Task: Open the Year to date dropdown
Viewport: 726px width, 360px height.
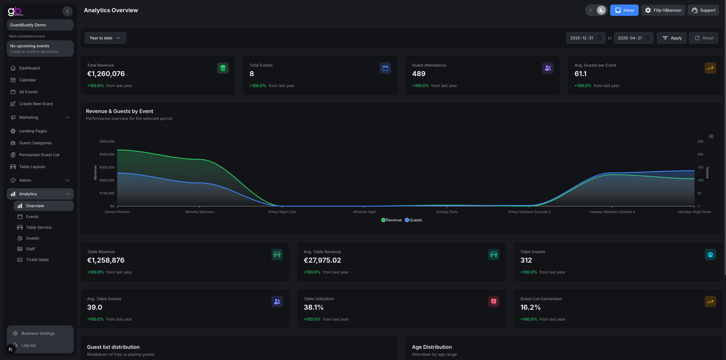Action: point(105,38)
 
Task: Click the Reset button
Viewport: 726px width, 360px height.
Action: point(704,38)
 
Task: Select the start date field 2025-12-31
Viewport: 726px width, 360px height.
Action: point(582,38)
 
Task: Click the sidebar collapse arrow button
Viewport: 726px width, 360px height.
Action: point(67,11)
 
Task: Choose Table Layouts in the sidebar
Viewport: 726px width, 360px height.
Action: point(32,167)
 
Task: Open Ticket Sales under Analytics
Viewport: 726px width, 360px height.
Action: point(37,260)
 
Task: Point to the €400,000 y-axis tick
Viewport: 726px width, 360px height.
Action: point(107,154)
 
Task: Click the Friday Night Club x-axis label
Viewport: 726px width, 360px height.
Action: point(282,212)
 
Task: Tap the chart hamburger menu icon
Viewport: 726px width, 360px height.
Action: point(711,136)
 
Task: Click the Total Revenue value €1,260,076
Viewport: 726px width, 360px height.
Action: point(106,74)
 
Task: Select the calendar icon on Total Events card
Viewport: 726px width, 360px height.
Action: point(385,68)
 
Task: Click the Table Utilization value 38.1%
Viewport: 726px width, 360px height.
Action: point(313,307)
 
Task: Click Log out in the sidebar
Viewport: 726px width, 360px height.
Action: point(29,345)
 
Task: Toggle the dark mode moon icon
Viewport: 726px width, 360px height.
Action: point(601,10)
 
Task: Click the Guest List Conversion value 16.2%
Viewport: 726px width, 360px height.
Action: point(530,307)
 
